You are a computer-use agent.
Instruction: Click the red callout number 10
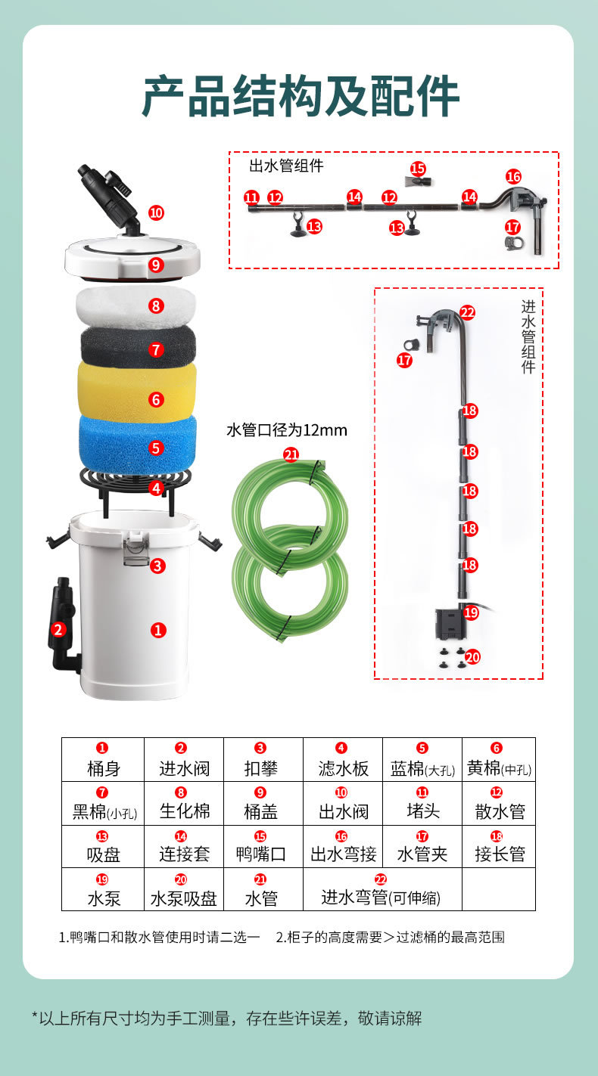(156, 212)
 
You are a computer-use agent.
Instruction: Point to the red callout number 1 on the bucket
(158, 629)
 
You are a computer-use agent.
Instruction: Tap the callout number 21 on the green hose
(291, 454)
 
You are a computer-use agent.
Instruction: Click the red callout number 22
(468, 312)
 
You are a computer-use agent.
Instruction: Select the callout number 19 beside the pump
(471, 612)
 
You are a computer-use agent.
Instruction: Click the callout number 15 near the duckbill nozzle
(418, 169)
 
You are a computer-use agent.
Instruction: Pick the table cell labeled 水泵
(103, 889)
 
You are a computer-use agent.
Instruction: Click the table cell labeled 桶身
(103, 760)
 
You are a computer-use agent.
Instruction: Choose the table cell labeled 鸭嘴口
(261, 846)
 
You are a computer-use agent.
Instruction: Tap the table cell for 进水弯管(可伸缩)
(382, 889)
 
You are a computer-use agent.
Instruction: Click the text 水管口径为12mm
(287, 430)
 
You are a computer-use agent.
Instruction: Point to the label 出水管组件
(286, 166)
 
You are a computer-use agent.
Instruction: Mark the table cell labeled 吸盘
(103, 846)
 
